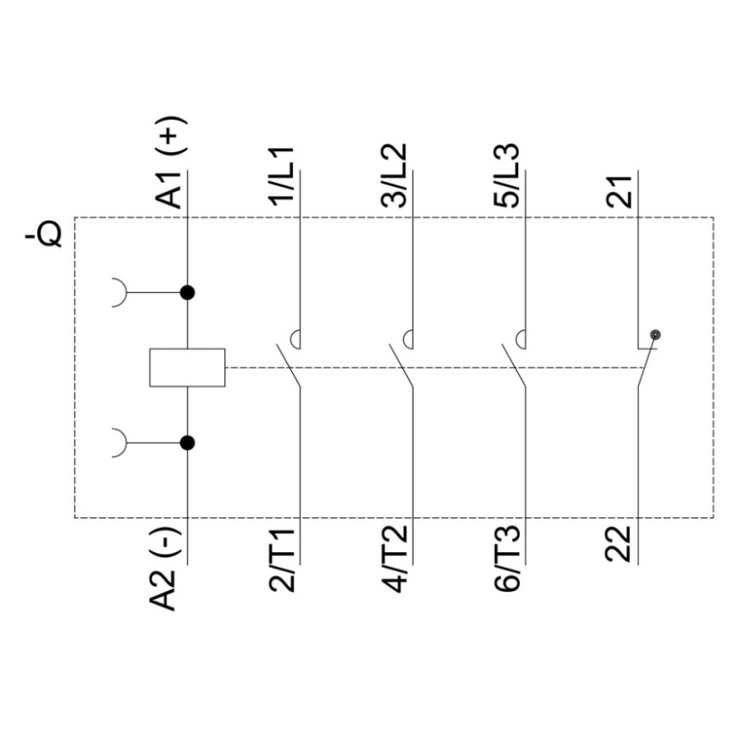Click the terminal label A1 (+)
coord(170,163)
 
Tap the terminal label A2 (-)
coord(164,569)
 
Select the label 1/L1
coord(282,176)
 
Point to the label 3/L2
coord(394,176)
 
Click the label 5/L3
coord(506,176)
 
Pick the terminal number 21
coord(618,192)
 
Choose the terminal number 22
coord(618,544)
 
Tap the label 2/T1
coord(282,560)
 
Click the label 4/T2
coord(394,559)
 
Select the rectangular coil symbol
coord(187,368)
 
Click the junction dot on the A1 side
coord(188,293)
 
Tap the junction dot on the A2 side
coord(188,443)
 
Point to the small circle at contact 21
coord(656,335)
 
